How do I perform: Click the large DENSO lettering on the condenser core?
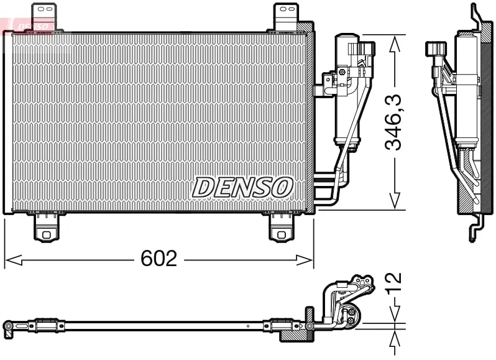pos(242,187)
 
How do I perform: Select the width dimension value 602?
pos(158,259)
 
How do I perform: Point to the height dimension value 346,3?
pos(393,122)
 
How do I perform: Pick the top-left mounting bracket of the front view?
pos(44,16)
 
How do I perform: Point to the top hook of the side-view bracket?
pos(476,14)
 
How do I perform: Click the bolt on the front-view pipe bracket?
pos(341,73)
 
